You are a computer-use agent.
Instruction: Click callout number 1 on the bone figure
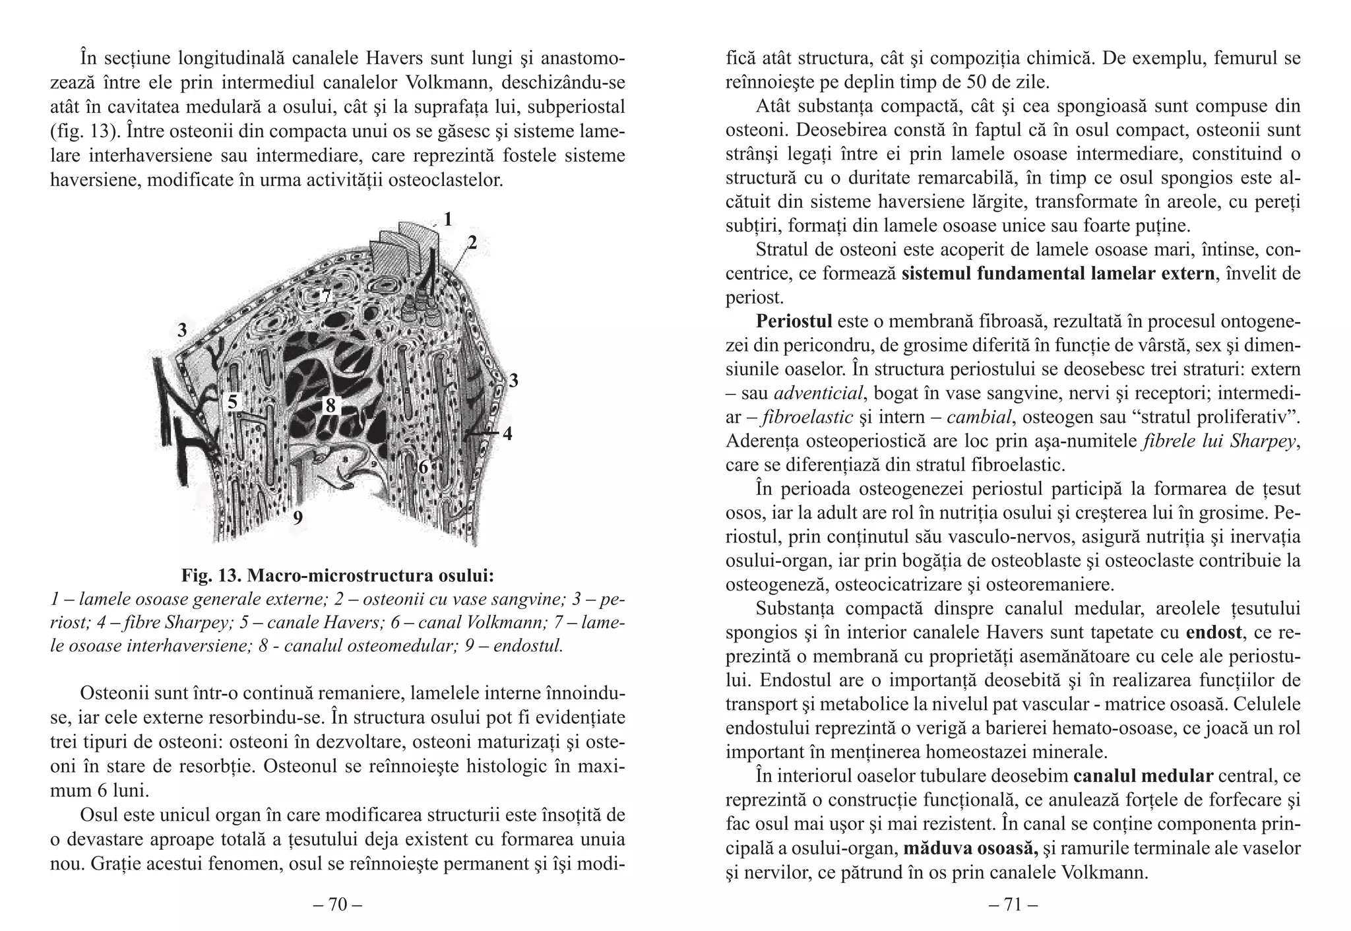(448, 218)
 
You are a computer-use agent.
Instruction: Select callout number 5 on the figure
(232, 401)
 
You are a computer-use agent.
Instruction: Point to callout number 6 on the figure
(423, 467)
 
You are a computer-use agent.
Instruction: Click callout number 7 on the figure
(325, 296)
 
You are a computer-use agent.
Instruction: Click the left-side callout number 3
(182, 330)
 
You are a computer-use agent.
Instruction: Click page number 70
(337, 905)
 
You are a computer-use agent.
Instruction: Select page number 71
(1013, 905)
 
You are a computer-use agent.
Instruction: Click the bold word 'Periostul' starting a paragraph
(794, 321)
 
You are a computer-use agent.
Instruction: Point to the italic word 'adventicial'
(818, 393)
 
